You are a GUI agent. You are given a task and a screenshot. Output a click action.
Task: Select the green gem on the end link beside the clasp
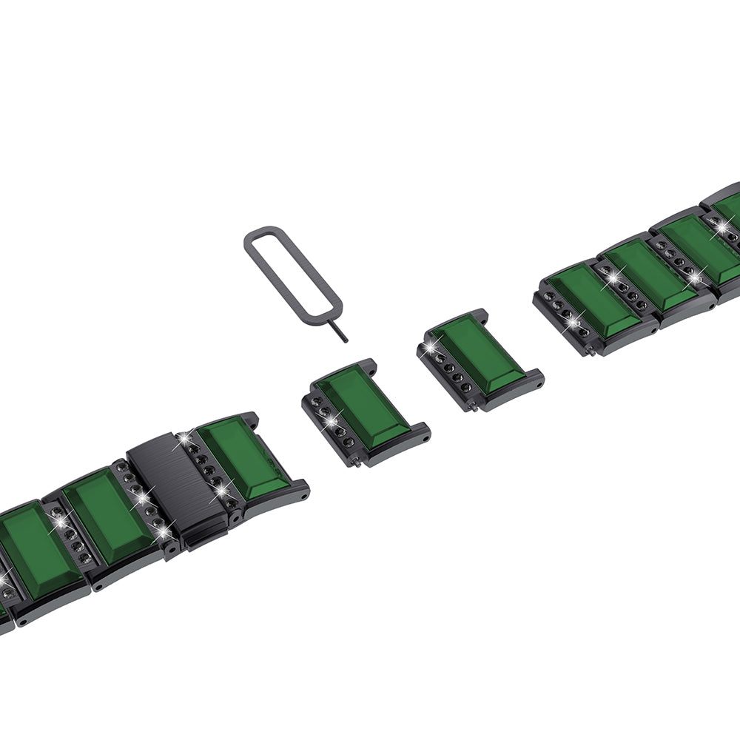click(x=243, y=460)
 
